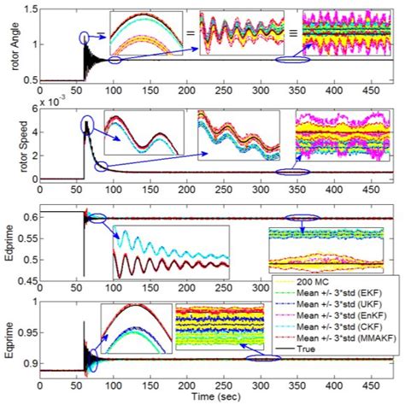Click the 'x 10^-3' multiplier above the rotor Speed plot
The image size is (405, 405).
click(x=51, y=103)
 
